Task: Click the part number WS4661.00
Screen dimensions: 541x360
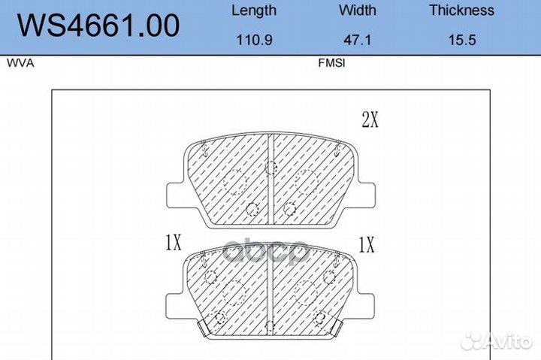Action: point(98,26)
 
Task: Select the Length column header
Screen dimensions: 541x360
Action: point(254,11)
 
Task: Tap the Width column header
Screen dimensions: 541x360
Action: point(358,10)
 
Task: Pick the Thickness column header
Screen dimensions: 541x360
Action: point(462,10)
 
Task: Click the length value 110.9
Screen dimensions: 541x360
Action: point(254,40)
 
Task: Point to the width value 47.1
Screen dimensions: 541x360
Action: point(358,40)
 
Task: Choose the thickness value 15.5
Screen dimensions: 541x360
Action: point(462,40)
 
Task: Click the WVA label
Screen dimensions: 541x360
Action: point(20,63)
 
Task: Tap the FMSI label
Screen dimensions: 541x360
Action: point(331,63)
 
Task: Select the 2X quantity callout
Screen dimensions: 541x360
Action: point(370,120)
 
